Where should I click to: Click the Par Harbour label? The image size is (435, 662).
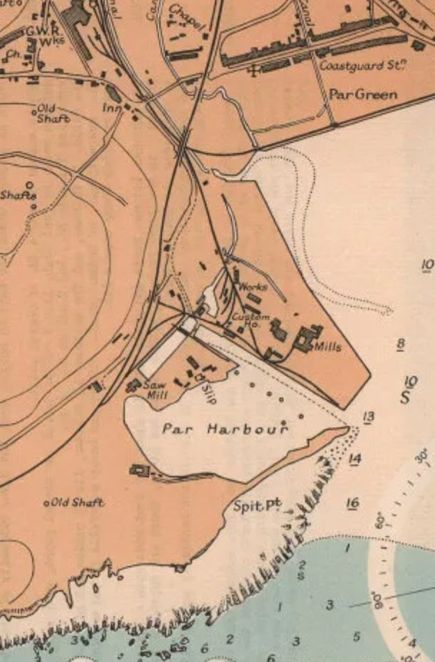tap(225, 429)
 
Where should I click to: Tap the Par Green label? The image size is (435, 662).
tap(363, 94)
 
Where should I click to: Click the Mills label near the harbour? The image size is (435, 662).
tap(328, 346)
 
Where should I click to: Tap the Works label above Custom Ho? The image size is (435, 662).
tap(253, 287)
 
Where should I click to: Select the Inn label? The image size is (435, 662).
tap(111, 108)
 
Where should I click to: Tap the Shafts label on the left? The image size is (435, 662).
tap(18, 196)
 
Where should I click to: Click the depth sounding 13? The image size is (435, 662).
tap(368, 417)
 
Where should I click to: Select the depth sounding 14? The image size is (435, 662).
tap(355, 458)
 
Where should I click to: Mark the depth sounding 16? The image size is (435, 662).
tap(352, 503)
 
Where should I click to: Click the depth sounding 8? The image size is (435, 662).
tap(400, 344)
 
